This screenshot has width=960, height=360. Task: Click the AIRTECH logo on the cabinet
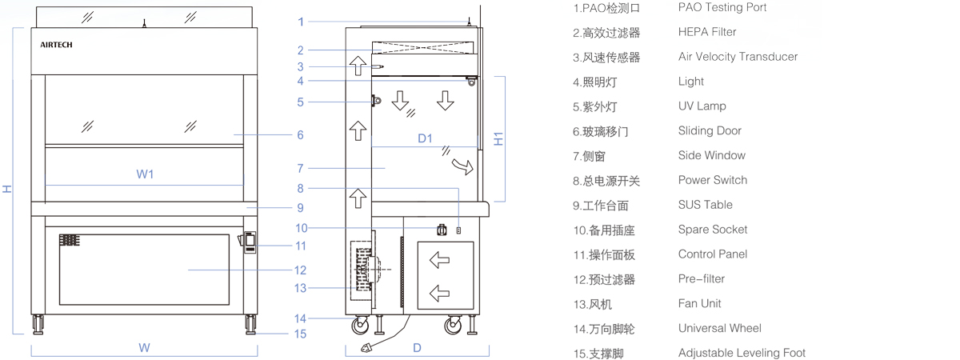56,45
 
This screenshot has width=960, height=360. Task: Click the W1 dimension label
145,174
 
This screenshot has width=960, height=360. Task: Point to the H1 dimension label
498,138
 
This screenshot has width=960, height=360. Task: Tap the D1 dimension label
425,138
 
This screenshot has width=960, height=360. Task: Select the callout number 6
300,135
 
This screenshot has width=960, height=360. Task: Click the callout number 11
300,246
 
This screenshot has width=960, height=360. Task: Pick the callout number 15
300,334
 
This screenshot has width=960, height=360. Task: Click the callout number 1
301,22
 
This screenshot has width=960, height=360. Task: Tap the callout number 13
300,288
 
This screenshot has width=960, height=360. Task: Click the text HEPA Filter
707,32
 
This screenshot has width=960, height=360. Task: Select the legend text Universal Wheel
719,328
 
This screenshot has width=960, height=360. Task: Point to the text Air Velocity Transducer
738,57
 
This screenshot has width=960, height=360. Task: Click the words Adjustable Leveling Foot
742,353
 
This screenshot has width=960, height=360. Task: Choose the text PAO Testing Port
722,7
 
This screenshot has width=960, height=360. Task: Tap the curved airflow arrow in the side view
461,166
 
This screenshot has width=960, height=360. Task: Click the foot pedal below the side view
369,346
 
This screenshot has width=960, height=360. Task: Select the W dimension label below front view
144,348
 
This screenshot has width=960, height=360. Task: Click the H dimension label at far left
7,189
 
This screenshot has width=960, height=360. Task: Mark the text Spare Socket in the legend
713,230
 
